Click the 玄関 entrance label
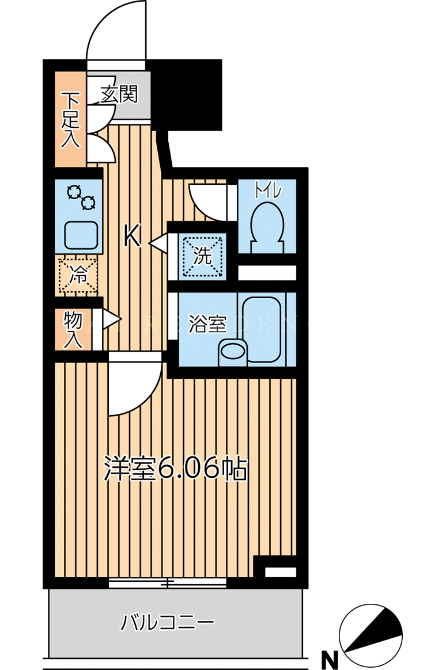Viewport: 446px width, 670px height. click(x=120, y=94)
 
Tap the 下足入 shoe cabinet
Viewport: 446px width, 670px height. click(x=70, y=119)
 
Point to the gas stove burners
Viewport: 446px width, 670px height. click(x=81, y=197)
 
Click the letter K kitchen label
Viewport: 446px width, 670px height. click(x=133, y=236)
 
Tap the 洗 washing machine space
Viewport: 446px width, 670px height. click(x=203, y=256)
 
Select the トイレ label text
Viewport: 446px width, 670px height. click(x=268, y=191)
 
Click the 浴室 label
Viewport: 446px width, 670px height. click(x=207, y=325)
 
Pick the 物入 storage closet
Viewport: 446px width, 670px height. click(x=73, y=329)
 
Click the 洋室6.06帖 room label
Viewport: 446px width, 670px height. click(x=176, y=469)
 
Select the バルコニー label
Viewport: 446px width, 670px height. click(x=167, y=622)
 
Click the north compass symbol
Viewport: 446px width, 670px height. click(x=371, y=636)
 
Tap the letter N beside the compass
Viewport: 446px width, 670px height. click(x=329, y=660)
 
